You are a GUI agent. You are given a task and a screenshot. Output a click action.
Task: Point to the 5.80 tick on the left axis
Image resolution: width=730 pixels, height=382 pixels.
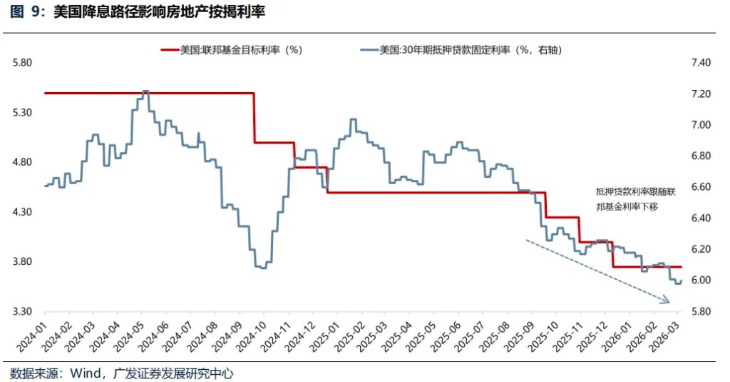[24, 63]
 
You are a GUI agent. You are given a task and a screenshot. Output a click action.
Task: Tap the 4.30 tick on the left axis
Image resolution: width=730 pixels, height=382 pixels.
[24, 212]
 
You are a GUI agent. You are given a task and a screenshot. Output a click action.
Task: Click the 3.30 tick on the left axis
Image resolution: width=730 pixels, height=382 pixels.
[24, 312]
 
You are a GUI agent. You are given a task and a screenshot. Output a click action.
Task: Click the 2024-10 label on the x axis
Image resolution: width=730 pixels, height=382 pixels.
[252, 336]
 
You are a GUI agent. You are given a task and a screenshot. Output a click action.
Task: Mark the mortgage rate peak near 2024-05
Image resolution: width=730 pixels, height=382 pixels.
[145, 91]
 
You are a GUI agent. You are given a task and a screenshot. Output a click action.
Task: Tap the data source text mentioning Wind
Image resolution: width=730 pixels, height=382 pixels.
[121, 373]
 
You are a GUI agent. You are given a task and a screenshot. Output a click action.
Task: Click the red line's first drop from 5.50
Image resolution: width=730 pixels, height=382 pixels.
[255, 118]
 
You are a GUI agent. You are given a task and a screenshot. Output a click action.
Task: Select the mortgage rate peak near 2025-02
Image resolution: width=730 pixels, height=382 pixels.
[352, 119]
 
